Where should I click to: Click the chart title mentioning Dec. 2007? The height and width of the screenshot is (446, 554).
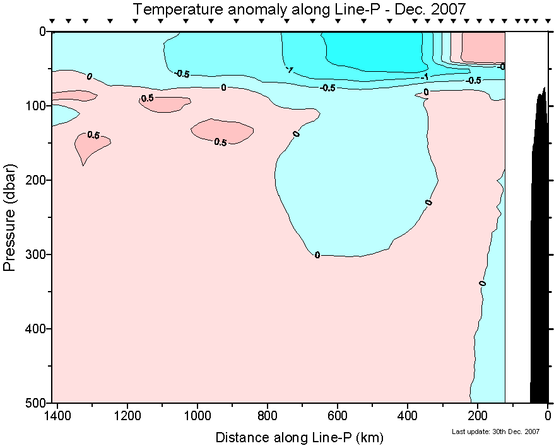point(299,9)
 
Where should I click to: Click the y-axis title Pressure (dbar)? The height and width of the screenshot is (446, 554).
point(9,218)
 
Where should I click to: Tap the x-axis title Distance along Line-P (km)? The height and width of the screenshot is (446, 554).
point(299,437)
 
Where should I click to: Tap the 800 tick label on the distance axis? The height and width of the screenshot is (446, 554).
point(268,415)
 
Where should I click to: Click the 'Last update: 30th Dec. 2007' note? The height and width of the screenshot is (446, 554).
point(495,432)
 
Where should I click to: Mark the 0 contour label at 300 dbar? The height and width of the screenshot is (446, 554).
point(317,254)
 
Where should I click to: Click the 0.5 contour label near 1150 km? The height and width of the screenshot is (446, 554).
point(147,98)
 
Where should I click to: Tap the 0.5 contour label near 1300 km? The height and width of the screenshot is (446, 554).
point(93,135)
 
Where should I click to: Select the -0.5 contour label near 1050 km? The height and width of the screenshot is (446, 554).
point(182,74)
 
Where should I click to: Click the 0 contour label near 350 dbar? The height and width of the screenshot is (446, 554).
point(483,283)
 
